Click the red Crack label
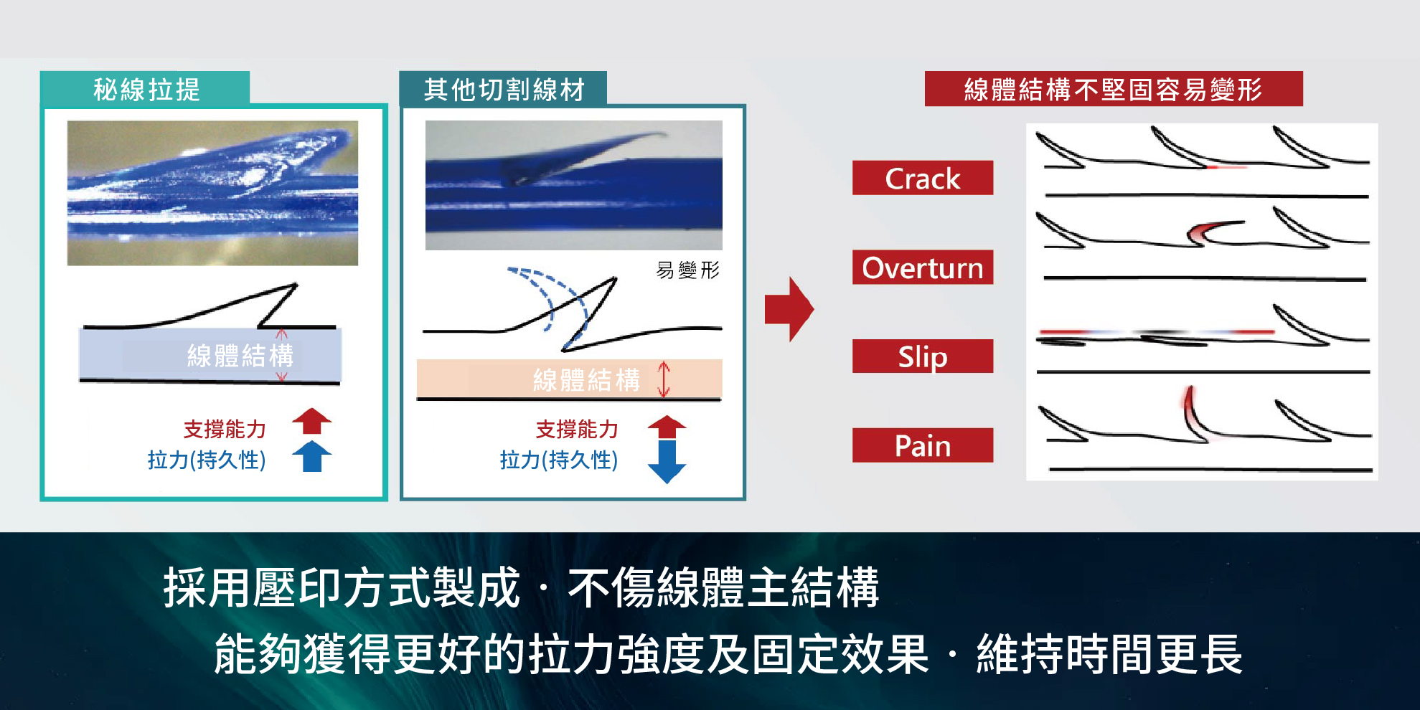[x=923, y=178]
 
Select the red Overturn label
[x=923, y=268]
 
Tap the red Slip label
[x=923, y=356]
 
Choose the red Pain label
[x=923, y=445]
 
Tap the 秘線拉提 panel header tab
[x=145, y=88]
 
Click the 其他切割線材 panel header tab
[x=503, y=88]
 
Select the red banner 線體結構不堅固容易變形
[x=1114, y=89]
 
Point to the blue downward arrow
[x=667, y=463]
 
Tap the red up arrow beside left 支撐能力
[x=312, y=422]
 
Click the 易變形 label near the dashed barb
[x=687, y=270]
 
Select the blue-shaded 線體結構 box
[x=210, y=354]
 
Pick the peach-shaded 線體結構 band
[x=569, y=379]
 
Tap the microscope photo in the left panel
[x=212, y=193]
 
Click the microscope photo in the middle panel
[x=574, y=185]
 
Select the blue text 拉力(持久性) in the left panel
[x=207, y=460]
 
